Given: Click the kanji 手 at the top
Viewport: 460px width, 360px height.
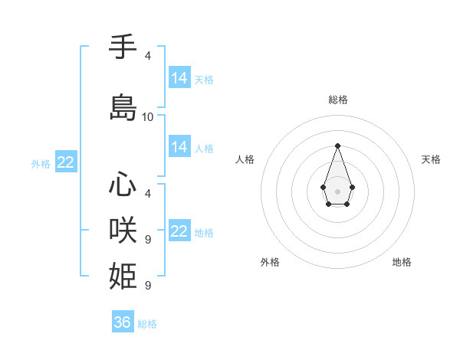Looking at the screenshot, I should tap(123, 48).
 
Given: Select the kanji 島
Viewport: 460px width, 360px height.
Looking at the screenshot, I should tap(123, 108).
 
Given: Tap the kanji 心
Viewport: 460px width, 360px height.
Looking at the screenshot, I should tap(123, 185).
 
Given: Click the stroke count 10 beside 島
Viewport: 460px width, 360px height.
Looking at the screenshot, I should tap(148, 117).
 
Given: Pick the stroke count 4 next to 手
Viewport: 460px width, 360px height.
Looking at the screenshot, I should tap(148, 56).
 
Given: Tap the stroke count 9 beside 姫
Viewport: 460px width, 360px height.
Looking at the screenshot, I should tap(148, 285).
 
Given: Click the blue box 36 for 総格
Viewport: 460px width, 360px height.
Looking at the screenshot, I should tap(123, 322).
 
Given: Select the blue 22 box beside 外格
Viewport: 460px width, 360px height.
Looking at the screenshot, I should tap(65, 162).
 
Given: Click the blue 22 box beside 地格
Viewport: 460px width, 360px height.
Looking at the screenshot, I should tap(179, 231).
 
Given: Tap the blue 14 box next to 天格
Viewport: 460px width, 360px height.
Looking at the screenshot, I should tap(179, 78).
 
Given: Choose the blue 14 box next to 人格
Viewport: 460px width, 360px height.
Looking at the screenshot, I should tap(179, 147).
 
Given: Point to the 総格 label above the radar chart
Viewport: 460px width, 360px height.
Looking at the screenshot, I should tap(338, 100).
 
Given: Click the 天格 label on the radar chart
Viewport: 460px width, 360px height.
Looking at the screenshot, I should tap(431, 159).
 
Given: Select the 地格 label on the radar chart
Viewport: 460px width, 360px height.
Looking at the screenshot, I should tap(402, 262).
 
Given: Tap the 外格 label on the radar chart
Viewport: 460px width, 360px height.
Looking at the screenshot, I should tap(270, 262).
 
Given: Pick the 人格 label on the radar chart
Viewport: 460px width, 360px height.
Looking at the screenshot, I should tap(245, 159).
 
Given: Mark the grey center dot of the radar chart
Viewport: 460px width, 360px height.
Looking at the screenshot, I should tap(337, 190).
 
